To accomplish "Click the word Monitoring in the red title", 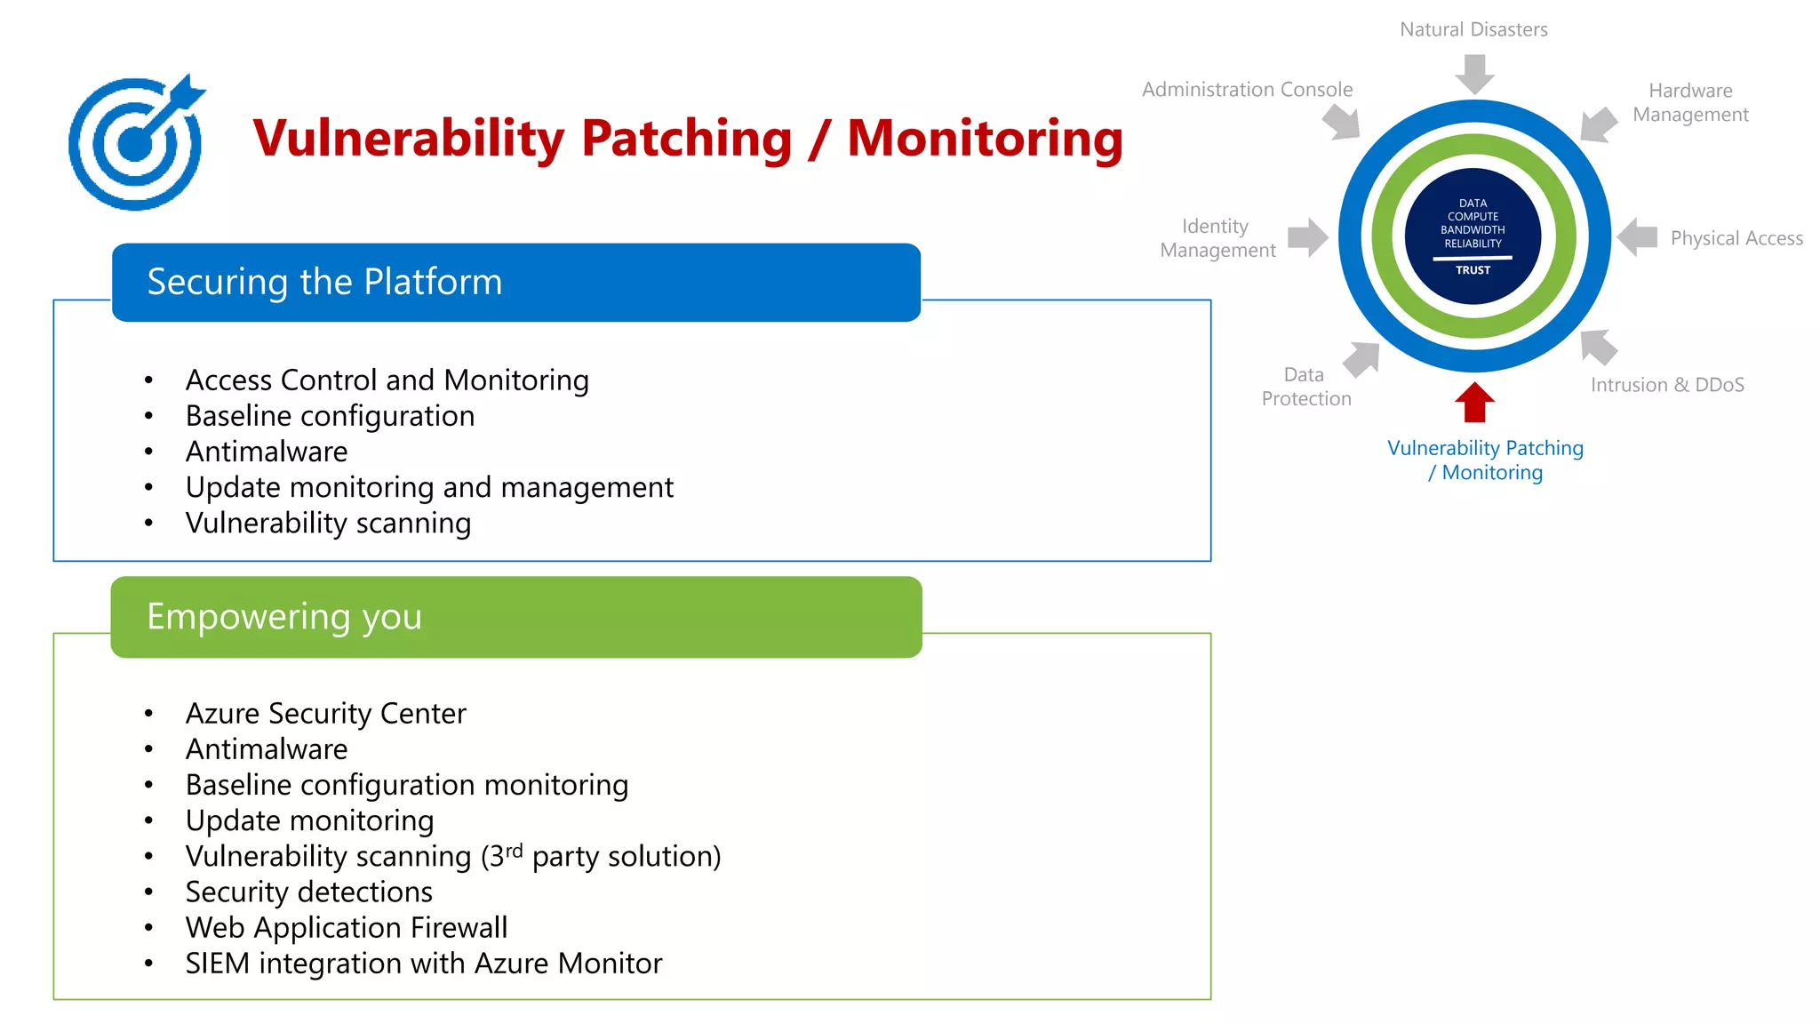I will (985, 140).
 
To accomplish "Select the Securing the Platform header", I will (515, 283).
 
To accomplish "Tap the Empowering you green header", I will (515, 617).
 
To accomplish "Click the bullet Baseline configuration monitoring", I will (406, 785).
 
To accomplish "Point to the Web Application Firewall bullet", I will (346, 927).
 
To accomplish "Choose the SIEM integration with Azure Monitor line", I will (423, 964).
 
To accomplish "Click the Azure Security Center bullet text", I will (325, 714).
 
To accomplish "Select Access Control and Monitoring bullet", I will (387, 380).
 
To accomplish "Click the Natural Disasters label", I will (1473, 29).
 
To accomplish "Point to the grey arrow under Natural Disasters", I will (1474, 74).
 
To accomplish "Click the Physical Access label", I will (1736, 238).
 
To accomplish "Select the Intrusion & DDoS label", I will (1666, 385).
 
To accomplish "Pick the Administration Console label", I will (1246, 90).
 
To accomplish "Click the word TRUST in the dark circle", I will (1473, 270).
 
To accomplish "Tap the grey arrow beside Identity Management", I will (1307, 237).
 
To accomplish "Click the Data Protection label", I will (1305, 387).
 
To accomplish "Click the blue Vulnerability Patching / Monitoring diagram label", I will (1485, 460).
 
